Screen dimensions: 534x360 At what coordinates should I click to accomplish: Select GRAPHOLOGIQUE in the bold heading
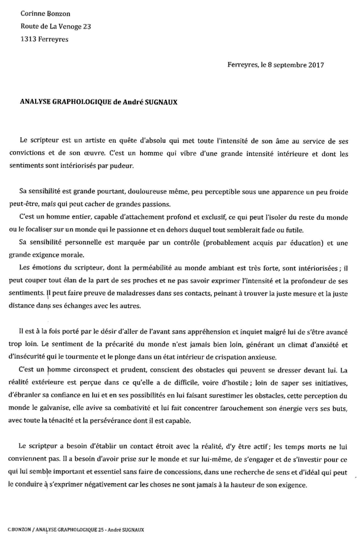tap(76, 102)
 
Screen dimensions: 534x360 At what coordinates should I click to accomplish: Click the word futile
tap(272, 232)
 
